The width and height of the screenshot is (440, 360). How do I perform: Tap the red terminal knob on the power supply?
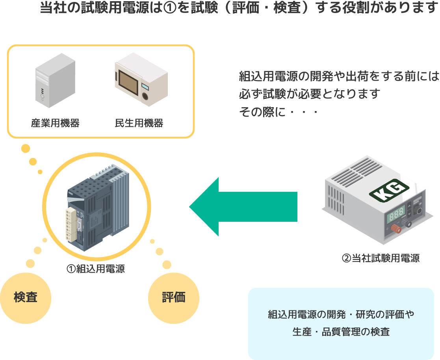click(396, 229)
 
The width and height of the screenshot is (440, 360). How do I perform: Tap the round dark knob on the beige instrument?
click(145, 96)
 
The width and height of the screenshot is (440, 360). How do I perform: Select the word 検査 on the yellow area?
click(26, 297)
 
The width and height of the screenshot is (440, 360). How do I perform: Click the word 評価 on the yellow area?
click(174, 297)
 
